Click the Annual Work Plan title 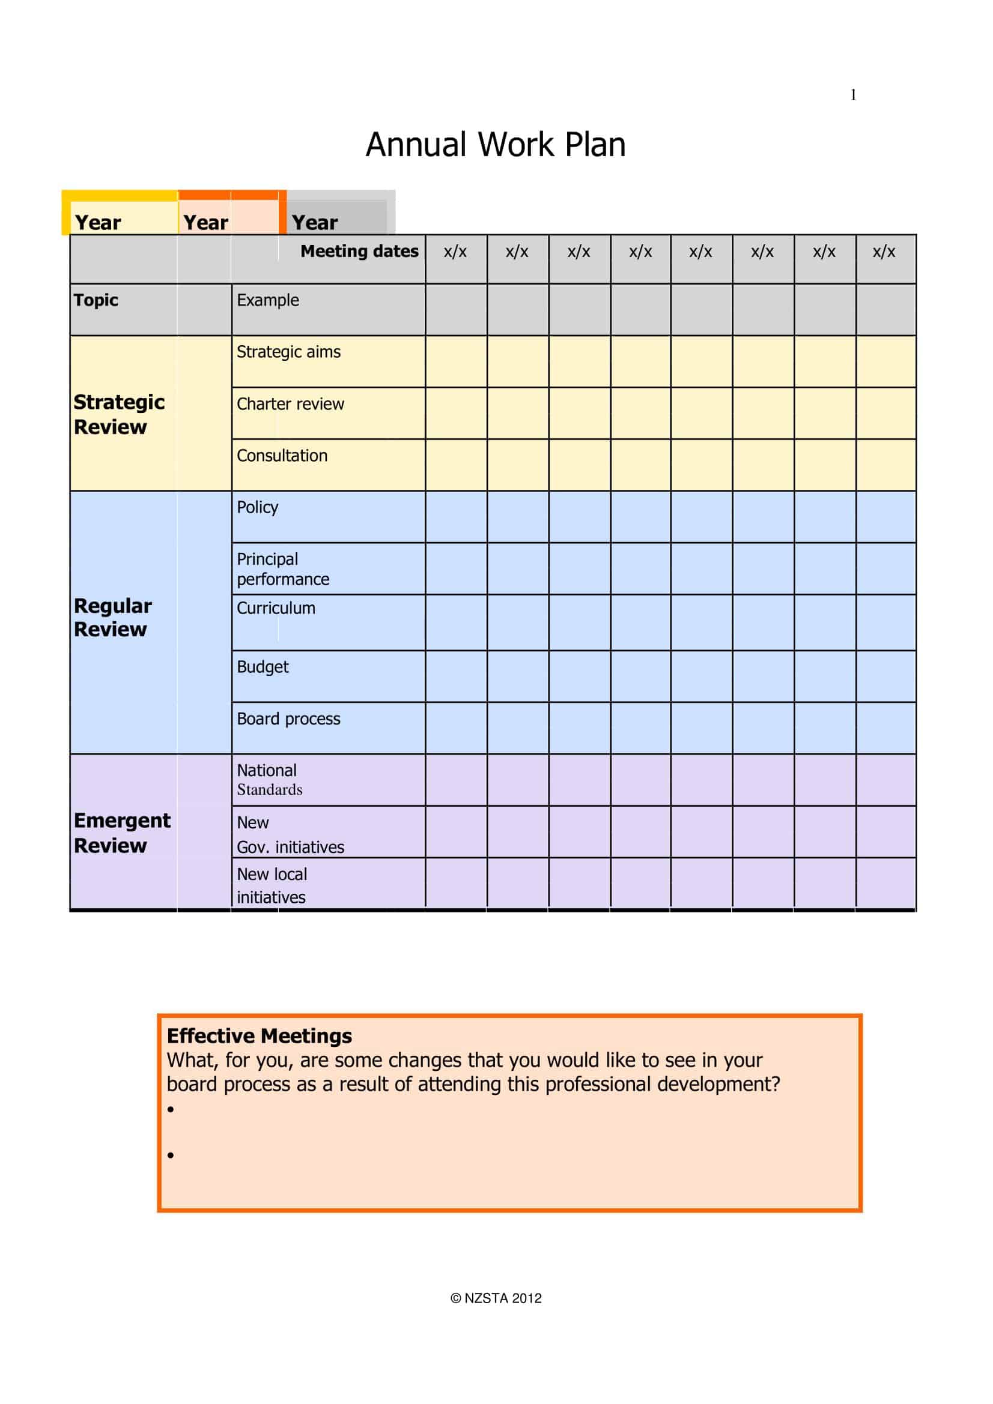(496, 145)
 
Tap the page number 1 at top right (853, 95)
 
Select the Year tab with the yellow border (98, 222)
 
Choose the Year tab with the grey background (315, 222)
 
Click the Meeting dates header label (359, 252)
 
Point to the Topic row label (96, 300)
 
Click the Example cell (268, 300)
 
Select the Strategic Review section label (119, 414)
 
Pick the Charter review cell (291, 404)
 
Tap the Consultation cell (282, 456)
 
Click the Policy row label (258, 508)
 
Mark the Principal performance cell (283, 568)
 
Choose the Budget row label (263, 666)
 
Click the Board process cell (288, 719)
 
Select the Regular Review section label (112, 617)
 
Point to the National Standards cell (269, 780)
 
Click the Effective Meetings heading (260, 1036)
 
